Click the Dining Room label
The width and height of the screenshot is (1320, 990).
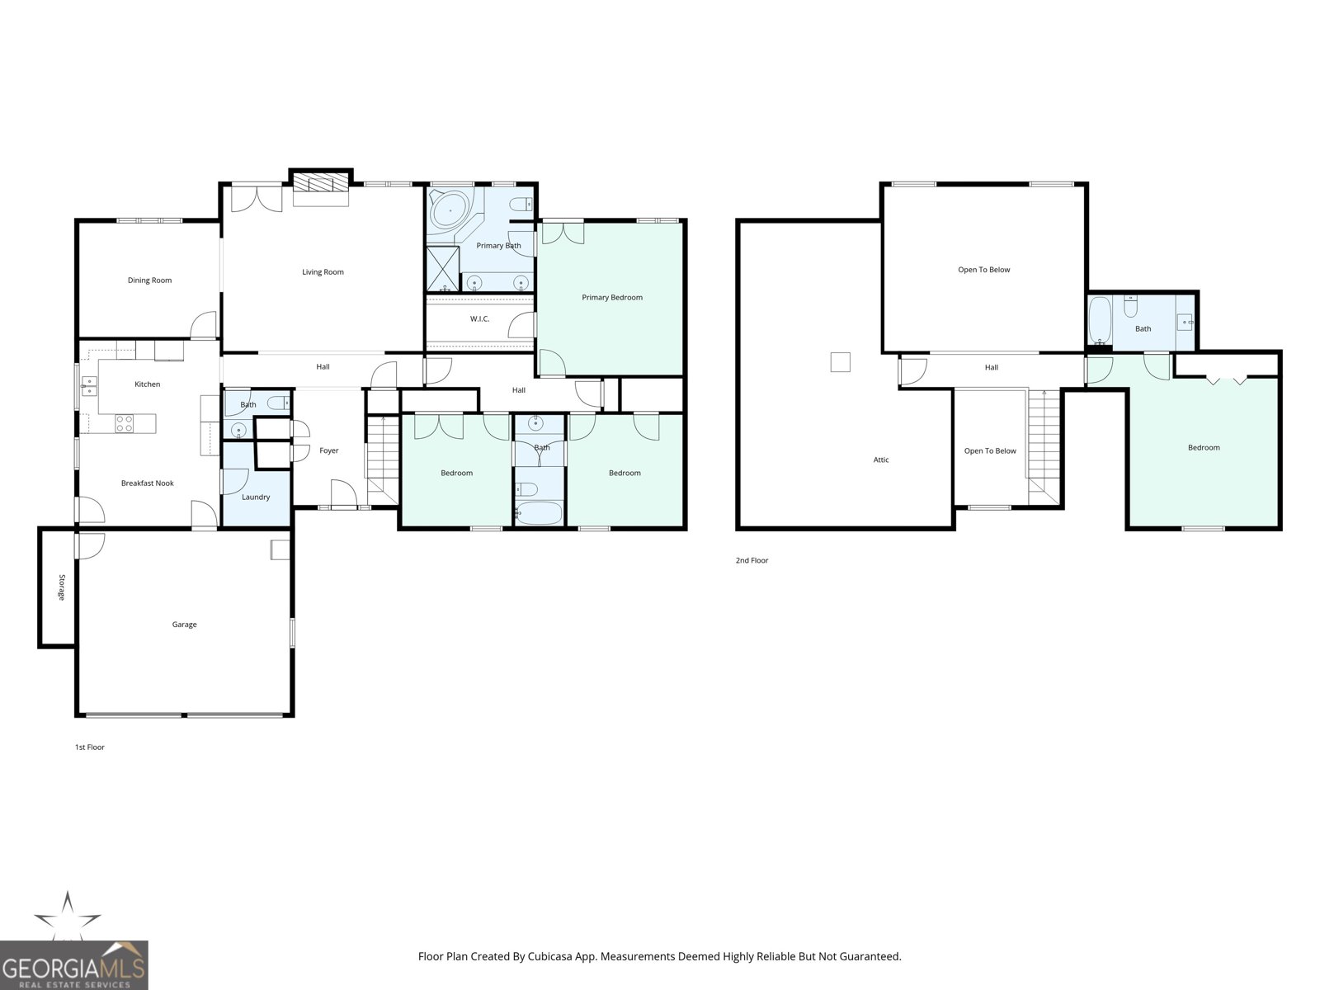tap(149, 280)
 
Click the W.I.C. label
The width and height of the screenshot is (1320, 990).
tap(479, 318)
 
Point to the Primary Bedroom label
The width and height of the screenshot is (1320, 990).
tap(611, 298)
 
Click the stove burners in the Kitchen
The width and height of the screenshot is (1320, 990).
tap(124, 423)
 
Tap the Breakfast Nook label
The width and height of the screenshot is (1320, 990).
tap(147, 483)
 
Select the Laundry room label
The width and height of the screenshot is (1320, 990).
tap(256, 497)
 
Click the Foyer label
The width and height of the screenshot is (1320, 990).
tap(328, 450)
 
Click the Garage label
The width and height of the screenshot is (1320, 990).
tap(184, 625)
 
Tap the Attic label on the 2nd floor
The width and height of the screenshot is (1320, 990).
tap(881, 460)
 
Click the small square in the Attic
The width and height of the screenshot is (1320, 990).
tap(840, 362)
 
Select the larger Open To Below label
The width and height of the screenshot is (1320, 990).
tap(983, 270)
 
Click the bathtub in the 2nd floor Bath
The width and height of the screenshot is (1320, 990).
tap(1099, 322)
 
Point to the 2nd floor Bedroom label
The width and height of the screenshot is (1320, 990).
tap(1203, 448)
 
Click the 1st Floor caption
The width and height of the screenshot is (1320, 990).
tap(90, 747)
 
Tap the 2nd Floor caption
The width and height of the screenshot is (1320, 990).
tap(752, 561)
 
